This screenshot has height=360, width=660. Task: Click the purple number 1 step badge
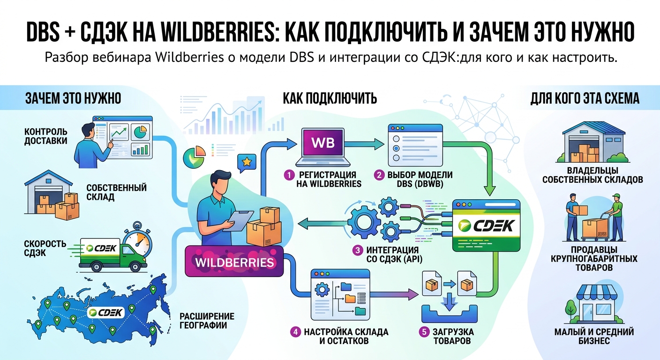tap(289, 175)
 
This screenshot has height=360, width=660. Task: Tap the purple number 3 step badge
tap(357, 250)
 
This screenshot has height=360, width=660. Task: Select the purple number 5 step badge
tap(424, 332)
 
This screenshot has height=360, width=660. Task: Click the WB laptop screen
tap(323, 142)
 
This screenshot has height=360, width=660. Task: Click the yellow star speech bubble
tap(246, 163)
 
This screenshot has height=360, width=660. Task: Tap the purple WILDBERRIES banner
tap(234, 262)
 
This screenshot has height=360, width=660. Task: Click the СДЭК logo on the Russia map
tap(106, 313)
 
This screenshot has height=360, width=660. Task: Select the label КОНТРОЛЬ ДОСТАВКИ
tap(45, 136)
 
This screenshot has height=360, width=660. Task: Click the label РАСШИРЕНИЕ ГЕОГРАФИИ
tap(207, 321)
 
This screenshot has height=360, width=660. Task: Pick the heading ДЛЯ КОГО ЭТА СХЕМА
tap(585, 98)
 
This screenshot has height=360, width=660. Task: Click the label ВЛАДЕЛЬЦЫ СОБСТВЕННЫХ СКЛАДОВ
tap(592, 175)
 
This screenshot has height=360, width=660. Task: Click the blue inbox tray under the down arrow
tap(450, 314)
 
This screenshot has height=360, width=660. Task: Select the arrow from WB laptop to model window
tap(364, 144)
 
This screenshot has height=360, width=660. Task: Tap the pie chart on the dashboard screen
tap(140, 132)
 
